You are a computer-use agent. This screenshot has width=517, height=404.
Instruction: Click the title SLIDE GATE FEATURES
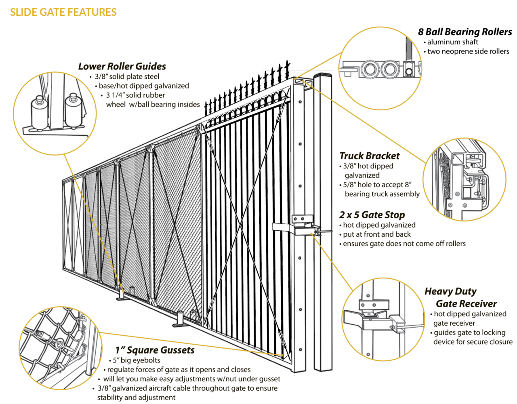coord(63,12)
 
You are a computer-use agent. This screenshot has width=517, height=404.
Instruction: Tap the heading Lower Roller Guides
coord(122,66)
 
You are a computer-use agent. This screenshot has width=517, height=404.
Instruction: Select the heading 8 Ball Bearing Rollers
coord(465,32)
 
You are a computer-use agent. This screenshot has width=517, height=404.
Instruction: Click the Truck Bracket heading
coord(369,156)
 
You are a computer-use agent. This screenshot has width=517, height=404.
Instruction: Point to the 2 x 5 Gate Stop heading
coord(372,215)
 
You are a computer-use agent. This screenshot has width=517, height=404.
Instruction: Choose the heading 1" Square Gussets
coord(155,350)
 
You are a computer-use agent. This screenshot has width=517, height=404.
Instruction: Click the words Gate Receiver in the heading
coord(466,304)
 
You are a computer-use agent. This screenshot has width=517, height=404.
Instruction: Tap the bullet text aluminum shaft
coord(452,42)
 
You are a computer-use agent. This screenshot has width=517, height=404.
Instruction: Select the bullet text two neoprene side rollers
coord(468,51)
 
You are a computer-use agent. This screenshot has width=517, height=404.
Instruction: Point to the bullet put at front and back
coord(376,234)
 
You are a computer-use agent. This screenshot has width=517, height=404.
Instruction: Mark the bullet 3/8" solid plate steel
coord(127,76)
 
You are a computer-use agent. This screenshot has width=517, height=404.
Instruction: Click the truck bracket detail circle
coord(464,180)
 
